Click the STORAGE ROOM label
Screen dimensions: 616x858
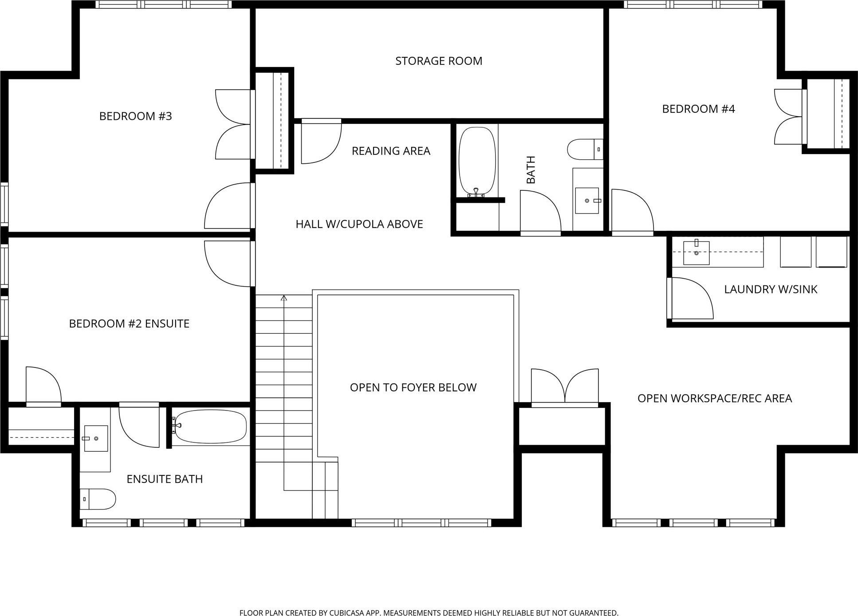click(438, 61)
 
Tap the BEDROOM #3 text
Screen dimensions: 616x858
click(135, 116)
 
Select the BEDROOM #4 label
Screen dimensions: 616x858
click(698, 109)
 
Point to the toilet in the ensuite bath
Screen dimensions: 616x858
click(98, 499)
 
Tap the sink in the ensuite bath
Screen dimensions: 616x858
click(96, 438)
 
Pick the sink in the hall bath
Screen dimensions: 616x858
click(587, 201)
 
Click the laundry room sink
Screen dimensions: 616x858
click(696, 253)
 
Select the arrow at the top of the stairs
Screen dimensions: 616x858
click(284, 298)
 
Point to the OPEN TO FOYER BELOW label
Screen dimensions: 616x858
click(413, 387)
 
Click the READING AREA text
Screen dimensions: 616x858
click(391, 151)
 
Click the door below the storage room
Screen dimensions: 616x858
click(320, 141)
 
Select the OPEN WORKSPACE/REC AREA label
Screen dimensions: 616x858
click(714, 399)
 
